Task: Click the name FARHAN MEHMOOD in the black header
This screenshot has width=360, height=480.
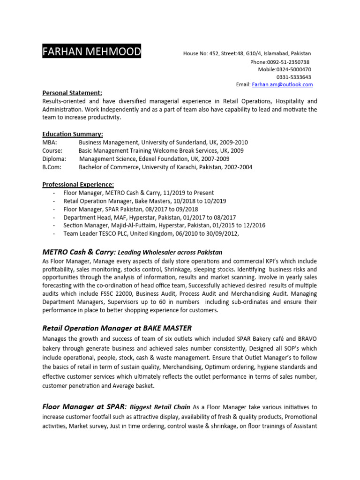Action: [91, 52]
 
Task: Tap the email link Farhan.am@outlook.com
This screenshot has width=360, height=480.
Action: [282, 85]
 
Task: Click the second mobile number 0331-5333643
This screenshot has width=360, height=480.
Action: [293, 77]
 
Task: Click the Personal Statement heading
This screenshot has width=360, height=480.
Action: [72, 93]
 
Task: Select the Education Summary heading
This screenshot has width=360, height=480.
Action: [73, 134]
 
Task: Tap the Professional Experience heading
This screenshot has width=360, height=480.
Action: [78, 184]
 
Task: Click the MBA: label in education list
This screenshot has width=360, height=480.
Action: [50, 142]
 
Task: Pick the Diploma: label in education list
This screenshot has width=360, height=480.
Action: [54, 159]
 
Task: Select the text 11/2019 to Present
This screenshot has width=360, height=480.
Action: [185, 193]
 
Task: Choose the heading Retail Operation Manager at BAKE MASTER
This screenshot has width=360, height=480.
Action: [117, 328]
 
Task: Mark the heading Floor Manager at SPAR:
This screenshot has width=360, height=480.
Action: [84, 407]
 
